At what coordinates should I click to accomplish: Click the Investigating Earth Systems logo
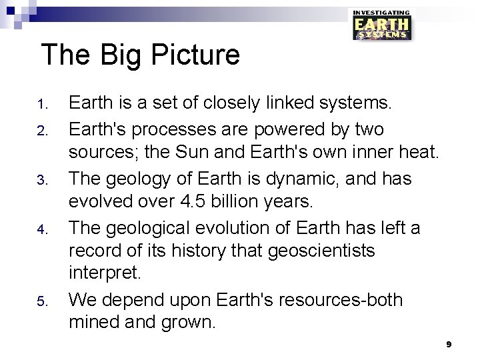pos(381,25)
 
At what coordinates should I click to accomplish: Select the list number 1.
pos(40,105)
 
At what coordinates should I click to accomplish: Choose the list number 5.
pos(40,303)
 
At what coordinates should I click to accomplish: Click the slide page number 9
pos(449,344)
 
